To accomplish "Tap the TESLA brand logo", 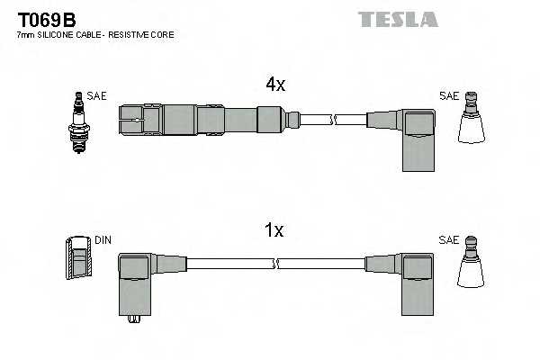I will pos(397,19).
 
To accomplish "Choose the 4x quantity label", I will pos(274,85).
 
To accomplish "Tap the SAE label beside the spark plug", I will pos(97,94).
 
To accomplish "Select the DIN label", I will pos(103,240).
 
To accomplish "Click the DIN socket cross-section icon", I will pos(79,258).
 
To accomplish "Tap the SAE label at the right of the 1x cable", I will pos(448,240).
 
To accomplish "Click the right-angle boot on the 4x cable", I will pos(416,135).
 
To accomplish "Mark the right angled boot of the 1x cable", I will pos(416,279).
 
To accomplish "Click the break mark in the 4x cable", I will pos(334,119).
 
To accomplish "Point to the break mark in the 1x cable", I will pos(276,264).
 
